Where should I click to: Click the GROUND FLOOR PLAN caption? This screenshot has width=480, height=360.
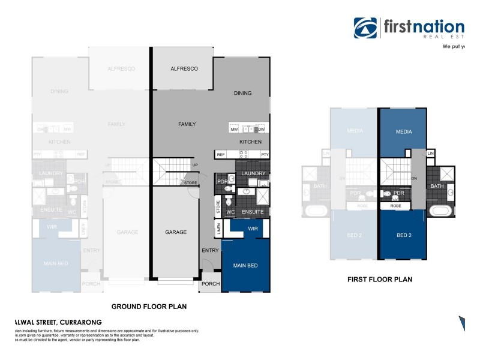[149, 306]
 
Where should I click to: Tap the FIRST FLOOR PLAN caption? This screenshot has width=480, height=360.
[380, 279]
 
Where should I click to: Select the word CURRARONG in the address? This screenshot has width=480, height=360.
[77, 322]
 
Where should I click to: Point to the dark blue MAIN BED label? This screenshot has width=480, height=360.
[245, 265]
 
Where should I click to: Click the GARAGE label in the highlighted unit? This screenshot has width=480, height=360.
[176, 232]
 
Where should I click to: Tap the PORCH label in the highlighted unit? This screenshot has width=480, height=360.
[211, 284]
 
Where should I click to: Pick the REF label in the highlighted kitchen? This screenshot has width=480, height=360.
[220, 155]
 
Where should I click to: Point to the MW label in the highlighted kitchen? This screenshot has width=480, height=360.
[233, 129]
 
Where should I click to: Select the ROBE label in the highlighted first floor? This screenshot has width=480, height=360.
[395, 206]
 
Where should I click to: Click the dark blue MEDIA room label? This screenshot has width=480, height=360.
[403, 131]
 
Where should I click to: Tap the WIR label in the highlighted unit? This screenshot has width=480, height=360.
[253, 229]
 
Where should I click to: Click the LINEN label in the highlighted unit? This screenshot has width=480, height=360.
[218, 229]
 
